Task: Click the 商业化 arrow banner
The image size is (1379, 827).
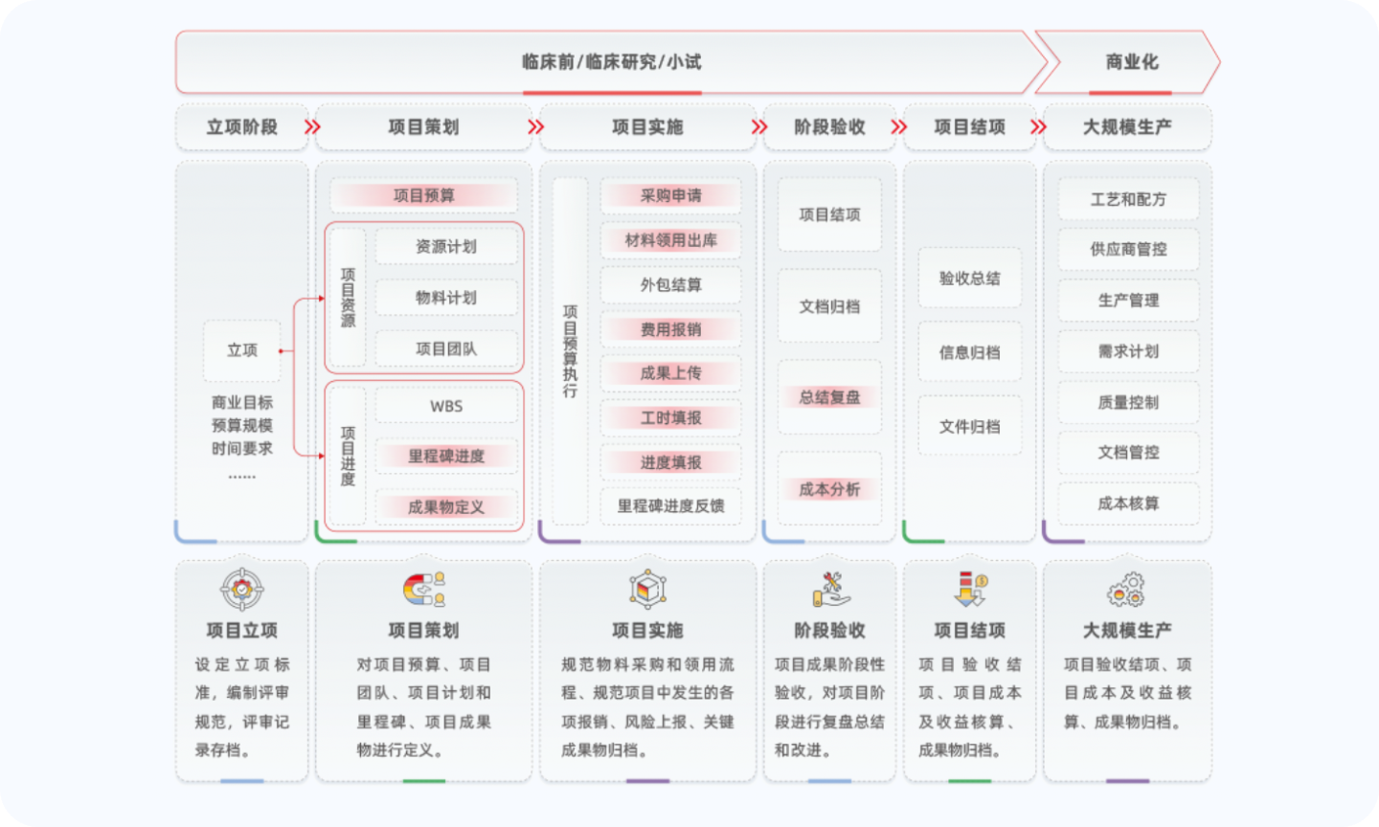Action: pyautogui.click(x=1131, y=62)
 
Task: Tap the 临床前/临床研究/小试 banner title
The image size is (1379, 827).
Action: pyautogui.click(x=611, y=62)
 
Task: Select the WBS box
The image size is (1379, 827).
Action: pyautogui.click(x=446, y=406)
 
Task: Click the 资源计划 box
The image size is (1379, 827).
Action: pyautogui.click(x=446, y=247)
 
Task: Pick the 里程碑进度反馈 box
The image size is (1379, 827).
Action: pyautogui.click(x=670, y=505)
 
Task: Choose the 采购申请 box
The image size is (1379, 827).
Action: pyautogui.click(x=670, y=196)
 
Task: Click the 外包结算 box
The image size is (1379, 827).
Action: pyautogui.click(x=670, y=285)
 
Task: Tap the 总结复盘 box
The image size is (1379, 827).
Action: pyautogui.click(x=829, y=397)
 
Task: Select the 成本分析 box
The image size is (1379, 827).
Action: pyautogui.click(x=829, y=489)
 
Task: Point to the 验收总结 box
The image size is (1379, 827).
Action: pyautogui.click(x=969, y=279)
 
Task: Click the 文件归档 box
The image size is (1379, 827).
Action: pyautogui.click(x=969, y=427)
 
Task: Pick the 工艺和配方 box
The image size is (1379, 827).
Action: pyautogui.click(x=1128, y=199)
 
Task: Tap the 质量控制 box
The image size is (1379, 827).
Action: pyautogui.click(x=1128, y=402)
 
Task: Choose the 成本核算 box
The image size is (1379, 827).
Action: pyautogui.click(x=1128, y=503)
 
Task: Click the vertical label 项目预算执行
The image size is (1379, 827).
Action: pyautogui.click(x=570, y=351)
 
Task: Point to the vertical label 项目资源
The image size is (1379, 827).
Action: pyautogui.click(x=348, y=298)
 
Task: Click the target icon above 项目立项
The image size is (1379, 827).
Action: pyautogui.click(x=242, y=589)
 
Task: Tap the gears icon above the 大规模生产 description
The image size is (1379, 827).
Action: pyautogui.click(x=1126, y=590)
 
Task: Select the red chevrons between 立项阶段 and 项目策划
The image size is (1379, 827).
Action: pyautogui.click(x=312, y=127)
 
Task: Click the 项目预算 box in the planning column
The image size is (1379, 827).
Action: pyautogui.click(x=423, y=196)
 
